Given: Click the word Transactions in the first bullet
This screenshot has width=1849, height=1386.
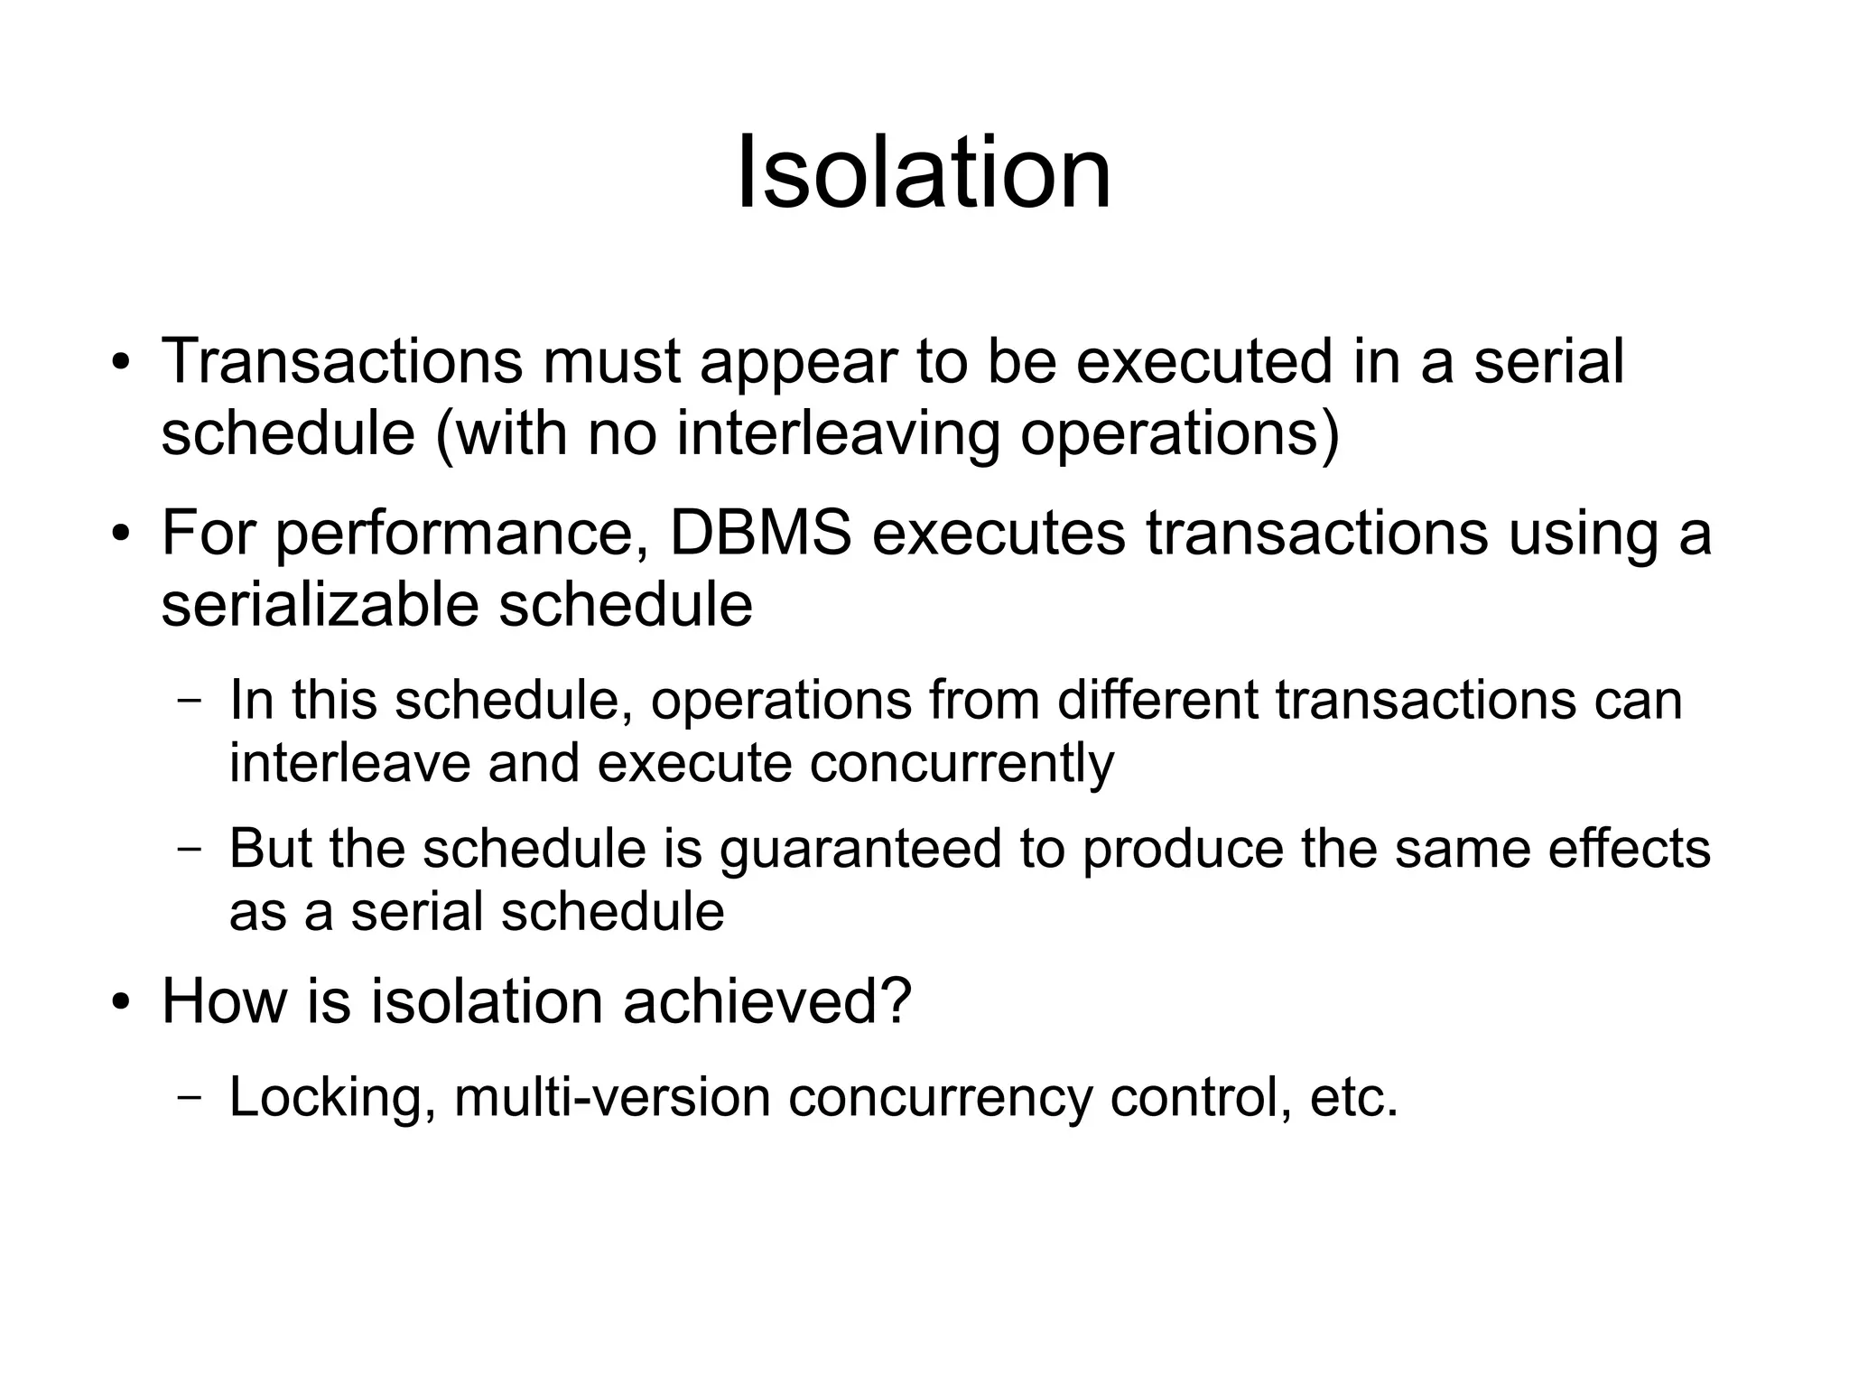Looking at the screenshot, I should [341, 361].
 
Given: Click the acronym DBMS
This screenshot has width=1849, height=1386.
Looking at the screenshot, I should [760, 533].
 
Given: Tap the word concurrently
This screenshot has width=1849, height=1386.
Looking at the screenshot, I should [962, 764].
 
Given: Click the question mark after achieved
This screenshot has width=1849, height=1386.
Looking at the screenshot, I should [895, 1001].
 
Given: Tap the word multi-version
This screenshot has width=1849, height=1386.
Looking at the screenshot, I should [611, 1097].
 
